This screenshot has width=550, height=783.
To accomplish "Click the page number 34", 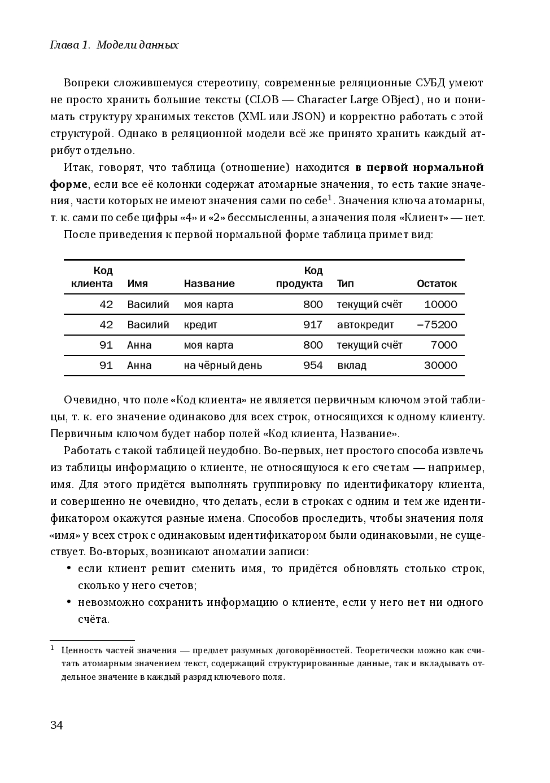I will pos(56,725).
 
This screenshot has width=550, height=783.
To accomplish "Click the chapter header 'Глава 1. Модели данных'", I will pos(114,45).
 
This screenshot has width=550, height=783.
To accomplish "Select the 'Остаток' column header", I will pos(436,284).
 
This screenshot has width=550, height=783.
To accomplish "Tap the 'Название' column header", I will pos(209,284).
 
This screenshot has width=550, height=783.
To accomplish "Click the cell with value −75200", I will pos(437,325).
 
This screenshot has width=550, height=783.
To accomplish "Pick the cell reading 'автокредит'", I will pos(365,325).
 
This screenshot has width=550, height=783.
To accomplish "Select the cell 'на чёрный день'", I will pos(222,366).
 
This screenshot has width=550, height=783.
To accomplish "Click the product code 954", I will pos(313,366).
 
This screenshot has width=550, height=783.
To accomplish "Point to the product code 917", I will pos(313,325).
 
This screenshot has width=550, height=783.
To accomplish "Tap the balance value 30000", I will pos(440,366).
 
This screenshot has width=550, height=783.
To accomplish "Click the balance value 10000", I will pos(440,305).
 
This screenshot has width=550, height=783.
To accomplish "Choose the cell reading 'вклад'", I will pos(351,366).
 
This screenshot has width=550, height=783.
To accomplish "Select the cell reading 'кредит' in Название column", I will pos(200,325).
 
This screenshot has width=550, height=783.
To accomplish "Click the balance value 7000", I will pos(444,345).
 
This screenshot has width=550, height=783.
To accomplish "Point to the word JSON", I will pos(308,117).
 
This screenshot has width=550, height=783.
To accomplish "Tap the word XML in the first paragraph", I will pos(251,117).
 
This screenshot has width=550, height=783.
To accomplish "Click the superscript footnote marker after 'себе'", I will pos(330,197).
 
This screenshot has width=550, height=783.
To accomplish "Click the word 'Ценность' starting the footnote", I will pos(82,650).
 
